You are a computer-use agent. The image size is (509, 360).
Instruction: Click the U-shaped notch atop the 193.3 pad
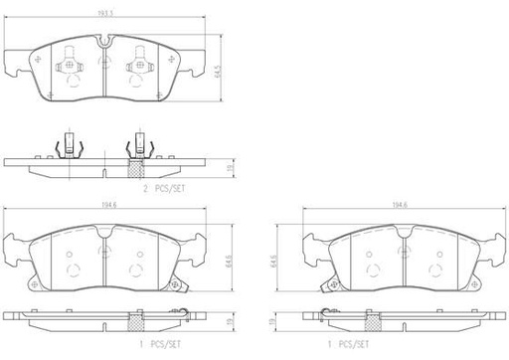click(103, 42)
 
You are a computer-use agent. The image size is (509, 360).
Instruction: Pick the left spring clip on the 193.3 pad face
click(70, 69)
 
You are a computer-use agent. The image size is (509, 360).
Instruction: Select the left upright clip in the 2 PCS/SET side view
click(70, 145)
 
